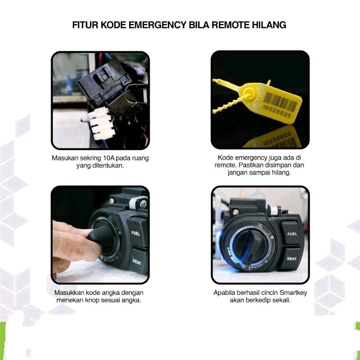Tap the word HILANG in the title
[269, 25]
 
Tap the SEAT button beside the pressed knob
[138, 261]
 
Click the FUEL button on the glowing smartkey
[291, 233]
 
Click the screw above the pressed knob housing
[144, 204]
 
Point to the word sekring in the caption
[90, 158]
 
